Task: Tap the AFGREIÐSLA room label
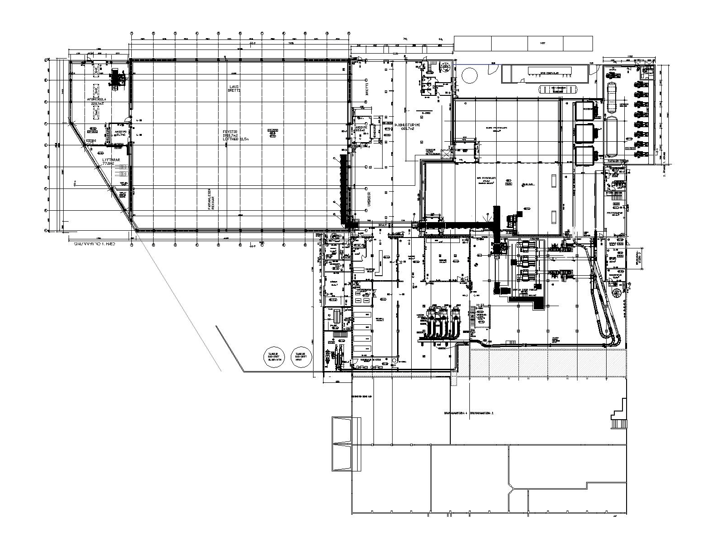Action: pyautogui.click(x=96, y=99)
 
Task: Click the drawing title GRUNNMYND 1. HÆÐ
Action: pyautogui.click(x=95, y=244)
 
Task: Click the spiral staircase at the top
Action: pyautogui.click(x=445, y=67)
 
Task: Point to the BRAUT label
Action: pyautogui.click(x=382, y=224)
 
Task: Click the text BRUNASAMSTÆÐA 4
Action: pyautogui.click(x=456, y=413)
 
